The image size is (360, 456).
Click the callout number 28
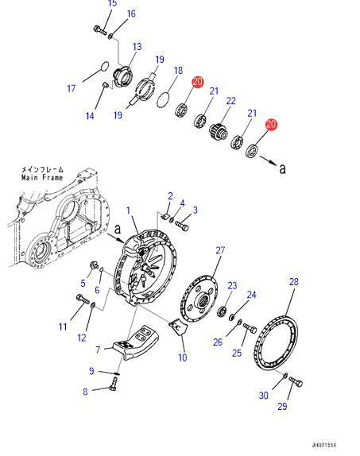(x=294, y=281)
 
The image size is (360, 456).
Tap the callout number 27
(x=220, y=250)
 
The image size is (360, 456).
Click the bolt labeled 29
(x=296, y=381)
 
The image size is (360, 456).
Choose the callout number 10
(x=183, y=357)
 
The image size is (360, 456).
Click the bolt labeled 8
(x=113, y=384)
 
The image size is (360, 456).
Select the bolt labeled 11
(x=83, y=299)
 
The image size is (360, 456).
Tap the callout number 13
(x=137, y=47)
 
